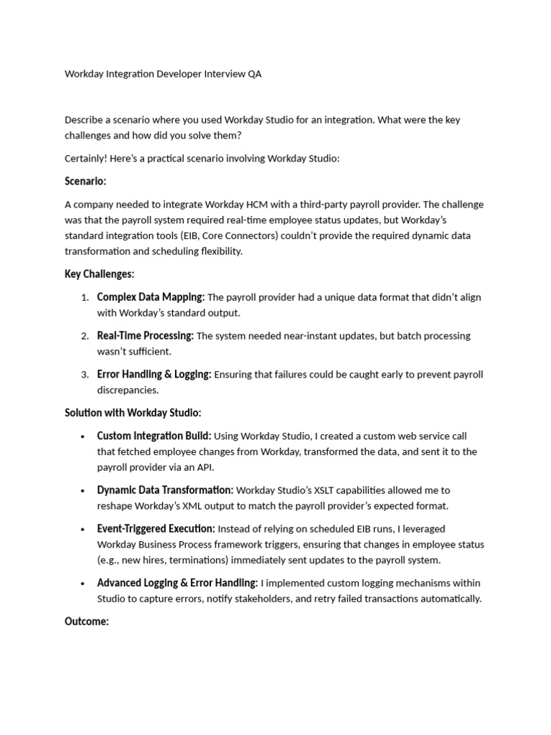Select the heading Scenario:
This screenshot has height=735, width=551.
[85, 182]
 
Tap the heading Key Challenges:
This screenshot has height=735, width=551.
[100, 274]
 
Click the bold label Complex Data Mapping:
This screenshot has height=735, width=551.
[151, 297]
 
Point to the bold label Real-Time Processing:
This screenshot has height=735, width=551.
[145, 336]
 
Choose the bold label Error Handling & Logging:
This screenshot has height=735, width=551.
[154, 375]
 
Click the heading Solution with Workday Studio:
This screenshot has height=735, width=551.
[133, 413]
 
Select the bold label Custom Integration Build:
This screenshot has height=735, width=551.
[154, 436]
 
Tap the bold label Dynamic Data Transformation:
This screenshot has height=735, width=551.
[165, 490]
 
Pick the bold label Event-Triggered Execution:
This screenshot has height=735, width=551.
[156, 529]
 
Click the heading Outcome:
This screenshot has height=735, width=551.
[87, 622]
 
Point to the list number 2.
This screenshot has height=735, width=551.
[85, 337]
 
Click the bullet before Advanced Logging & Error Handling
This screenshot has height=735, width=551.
[83, 584]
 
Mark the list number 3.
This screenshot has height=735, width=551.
[85, 375]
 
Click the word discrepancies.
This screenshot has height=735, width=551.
[127, 390]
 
